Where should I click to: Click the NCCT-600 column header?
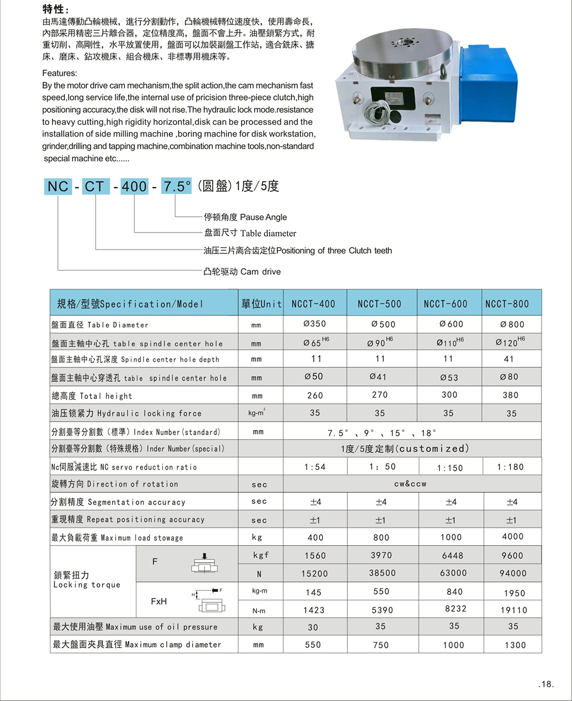pos(446,304)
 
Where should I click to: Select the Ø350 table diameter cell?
pos(315,324)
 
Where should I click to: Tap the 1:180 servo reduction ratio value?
pos(510,467)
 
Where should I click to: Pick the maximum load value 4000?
pos(513,537)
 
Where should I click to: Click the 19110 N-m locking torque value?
pos(514,610)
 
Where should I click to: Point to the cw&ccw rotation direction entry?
pos(410,484)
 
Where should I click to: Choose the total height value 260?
pos(315,396)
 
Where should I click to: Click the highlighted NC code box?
pos(58,186)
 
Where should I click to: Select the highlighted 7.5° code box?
pos(176,186)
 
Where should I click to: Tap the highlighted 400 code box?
pos(134,186)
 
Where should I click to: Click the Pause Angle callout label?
pos(245,217)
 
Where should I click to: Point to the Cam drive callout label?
pos(242,272)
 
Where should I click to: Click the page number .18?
pos(546,684)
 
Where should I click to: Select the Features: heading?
pos(60,73)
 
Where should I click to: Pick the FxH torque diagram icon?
pos(210,601)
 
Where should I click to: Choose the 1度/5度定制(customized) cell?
pos(405,449)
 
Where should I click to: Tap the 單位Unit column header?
pos(261,304)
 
